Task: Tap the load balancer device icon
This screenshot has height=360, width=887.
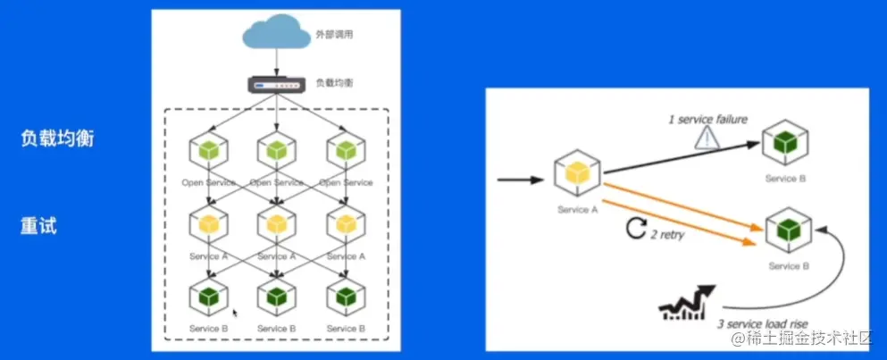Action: point(276,85)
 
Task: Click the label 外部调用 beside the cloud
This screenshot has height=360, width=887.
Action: point(335,37)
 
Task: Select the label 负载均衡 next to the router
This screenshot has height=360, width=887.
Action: point(333,84)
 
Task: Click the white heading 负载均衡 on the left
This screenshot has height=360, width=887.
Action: point(57,139)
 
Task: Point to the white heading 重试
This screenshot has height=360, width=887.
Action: point(38,226)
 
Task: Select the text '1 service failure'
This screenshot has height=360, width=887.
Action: point(707,119)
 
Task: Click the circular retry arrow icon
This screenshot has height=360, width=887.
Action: point(635,230)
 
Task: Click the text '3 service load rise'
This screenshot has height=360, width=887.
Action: point(763,322)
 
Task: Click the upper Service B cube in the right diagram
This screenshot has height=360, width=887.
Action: point(785,143)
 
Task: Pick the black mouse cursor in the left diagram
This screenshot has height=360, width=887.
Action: point(235,314)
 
